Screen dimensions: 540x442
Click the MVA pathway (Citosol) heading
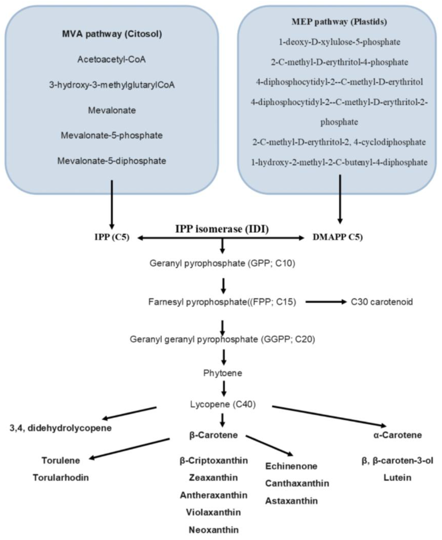112,34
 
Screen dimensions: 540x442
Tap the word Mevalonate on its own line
112,110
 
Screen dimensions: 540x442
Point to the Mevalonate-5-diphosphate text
111,161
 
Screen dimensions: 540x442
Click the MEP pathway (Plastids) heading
339,22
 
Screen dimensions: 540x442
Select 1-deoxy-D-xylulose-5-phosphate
339,42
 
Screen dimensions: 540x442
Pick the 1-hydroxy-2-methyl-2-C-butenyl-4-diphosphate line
339,162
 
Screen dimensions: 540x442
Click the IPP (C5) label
112,237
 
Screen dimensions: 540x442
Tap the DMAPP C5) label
338,237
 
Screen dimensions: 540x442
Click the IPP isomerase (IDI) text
222,229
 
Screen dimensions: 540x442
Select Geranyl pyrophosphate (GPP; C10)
222,263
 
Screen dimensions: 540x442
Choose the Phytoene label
223,373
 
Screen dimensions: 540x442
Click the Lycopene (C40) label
223,404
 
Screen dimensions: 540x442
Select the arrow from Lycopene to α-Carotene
329,416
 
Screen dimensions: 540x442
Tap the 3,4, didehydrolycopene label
61,428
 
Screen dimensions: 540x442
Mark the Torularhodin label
61,477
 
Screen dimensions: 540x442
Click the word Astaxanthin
291,501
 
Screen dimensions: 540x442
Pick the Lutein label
397,477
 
